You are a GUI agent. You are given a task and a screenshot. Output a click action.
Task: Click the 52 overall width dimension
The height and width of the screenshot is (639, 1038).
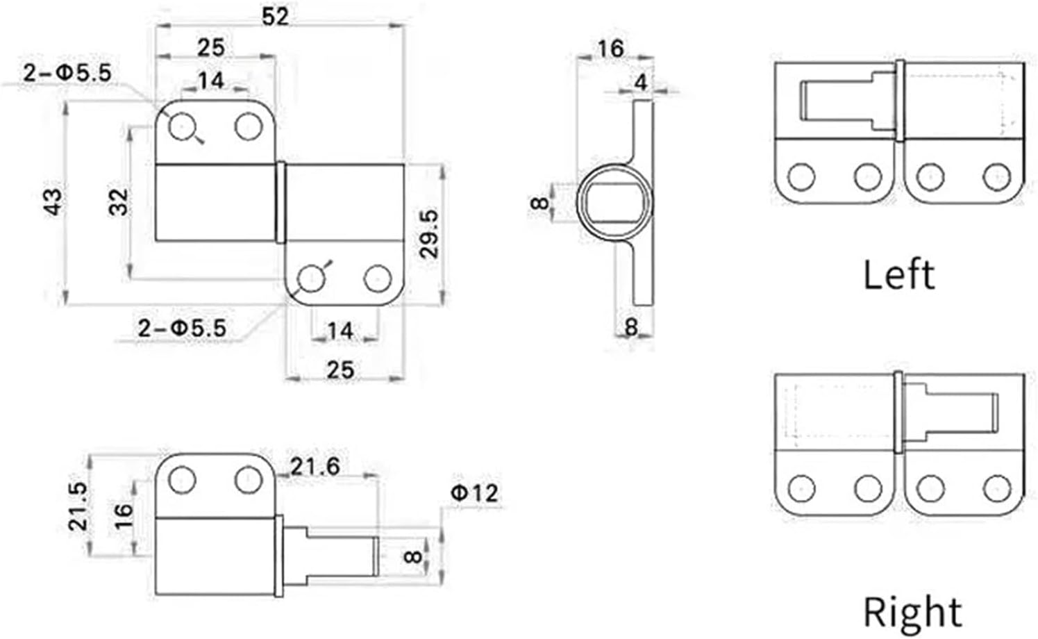click(276, 15)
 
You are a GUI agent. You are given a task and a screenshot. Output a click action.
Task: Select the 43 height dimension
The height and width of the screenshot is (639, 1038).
click(53, 201)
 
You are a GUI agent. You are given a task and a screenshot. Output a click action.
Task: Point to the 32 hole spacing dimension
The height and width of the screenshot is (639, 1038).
click(119, 201)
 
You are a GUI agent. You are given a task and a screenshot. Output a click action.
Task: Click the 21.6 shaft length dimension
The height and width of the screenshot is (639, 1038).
click(315, 466)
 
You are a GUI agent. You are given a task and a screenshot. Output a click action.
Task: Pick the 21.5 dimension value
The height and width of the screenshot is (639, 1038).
click(78, 506)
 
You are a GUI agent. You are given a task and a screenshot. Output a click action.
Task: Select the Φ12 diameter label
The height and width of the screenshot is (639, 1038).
click(474, 492)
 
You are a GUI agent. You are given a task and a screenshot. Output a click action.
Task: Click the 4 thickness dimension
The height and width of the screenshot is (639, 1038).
click(640, 82)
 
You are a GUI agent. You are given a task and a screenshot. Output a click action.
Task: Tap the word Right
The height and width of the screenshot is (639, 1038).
click(912, 612)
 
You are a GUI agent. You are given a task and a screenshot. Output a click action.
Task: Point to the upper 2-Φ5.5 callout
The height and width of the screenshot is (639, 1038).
click(67, 72)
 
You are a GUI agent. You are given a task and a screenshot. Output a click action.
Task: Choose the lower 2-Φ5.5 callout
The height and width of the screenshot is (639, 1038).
click(182, 328)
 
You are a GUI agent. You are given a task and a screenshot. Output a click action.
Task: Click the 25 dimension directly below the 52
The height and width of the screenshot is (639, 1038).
click(211, 47)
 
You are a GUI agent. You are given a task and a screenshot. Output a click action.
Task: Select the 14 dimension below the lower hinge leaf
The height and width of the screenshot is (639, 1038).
click(340, 331)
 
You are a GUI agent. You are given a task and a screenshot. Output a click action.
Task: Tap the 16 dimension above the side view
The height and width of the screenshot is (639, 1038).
click(610, 49)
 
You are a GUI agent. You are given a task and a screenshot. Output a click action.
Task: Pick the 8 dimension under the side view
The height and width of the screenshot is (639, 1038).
click(630, 326)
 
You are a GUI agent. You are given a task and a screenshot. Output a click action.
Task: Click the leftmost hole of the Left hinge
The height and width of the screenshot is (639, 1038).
click(801, 176)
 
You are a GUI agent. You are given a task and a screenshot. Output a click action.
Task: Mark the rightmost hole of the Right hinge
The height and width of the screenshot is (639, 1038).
click(997, 488)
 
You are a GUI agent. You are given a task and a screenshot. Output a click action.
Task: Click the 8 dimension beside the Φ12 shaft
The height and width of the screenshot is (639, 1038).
click(412, 556)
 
